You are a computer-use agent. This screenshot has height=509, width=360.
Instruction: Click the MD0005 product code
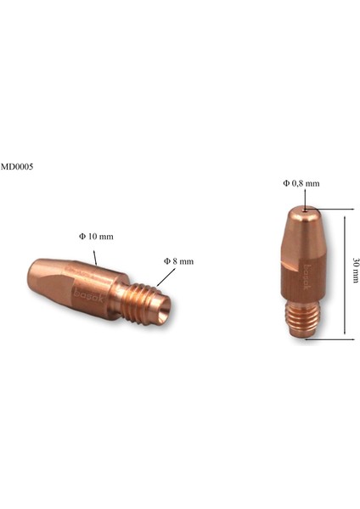tap(16, 167)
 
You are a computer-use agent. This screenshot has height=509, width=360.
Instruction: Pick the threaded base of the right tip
tap(302, 320)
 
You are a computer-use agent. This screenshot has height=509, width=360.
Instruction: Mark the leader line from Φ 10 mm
tap(95, 254)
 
